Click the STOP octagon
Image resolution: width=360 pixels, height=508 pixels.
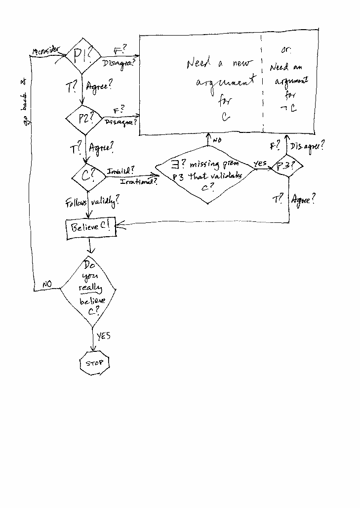click(94, 363)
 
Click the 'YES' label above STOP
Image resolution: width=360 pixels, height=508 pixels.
click(103, 336)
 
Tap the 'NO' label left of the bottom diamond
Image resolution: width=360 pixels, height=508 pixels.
click(47, 284)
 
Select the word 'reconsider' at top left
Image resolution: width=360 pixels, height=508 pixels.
click(46, 50)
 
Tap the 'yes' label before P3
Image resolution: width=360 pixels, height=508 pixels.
click(260, 163)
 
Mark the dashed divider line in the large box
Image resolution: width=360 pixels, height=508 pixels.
click(262, 84)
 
